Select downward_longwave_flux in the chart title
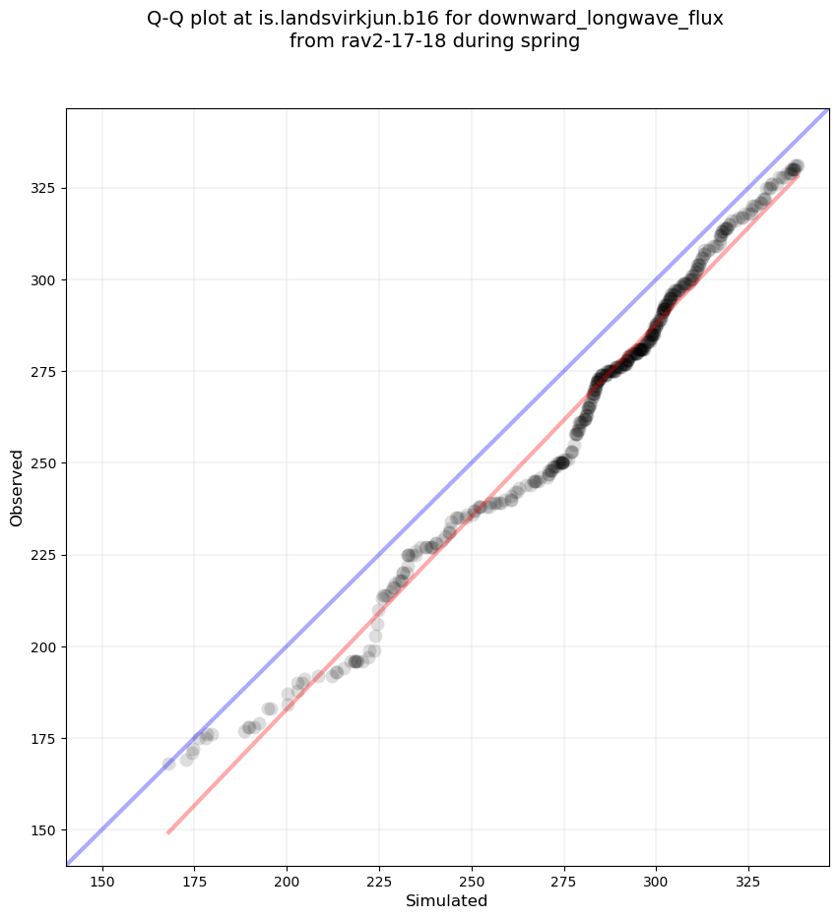coord(594,19)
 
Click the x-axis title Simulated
coord(447,900)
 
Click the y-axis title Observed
coord(17,488)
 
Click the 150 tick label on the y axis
coord(45,829)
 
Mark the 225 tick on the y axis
coord(45,555)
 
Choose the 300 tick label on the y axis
coord(45,279)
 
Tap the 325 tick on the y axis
coord(45,188)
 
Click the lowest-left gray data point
coord(168,764)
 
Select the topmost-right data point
coord(797,166)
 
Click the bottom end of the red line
coord(168,832)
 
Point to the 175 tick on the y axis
coord(45,738)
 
